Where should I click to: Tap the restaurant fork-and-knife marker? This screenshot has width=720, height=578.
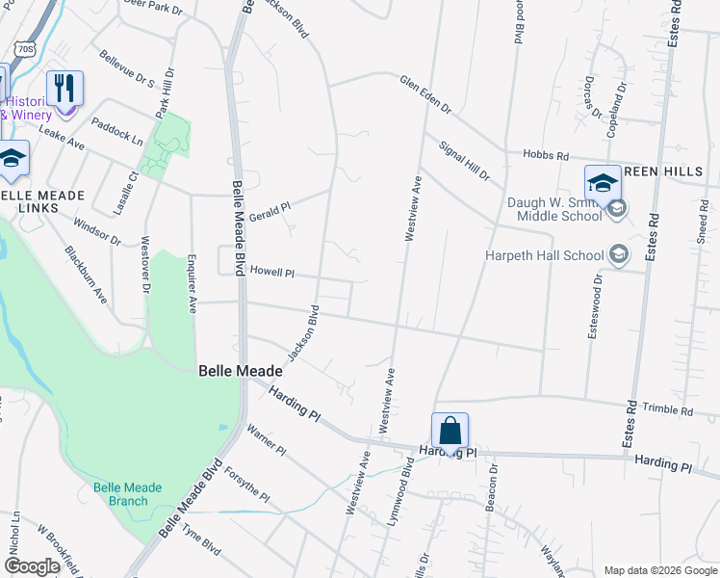(x=64, y=89)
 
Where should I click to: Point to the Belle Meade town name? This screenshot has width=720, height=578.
(x=240, y=370)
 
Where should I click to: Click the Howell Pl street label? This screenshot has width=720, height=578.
(x=271, y=273)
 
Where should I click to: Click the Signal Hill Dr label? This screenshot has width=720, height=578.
(x=464, y=162)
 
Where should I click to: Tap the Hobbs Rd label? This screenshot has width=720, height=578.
(x=546, y=155)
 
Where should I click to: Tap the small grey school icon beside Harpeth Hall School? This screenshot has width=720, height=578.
(x=619, y=255)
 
